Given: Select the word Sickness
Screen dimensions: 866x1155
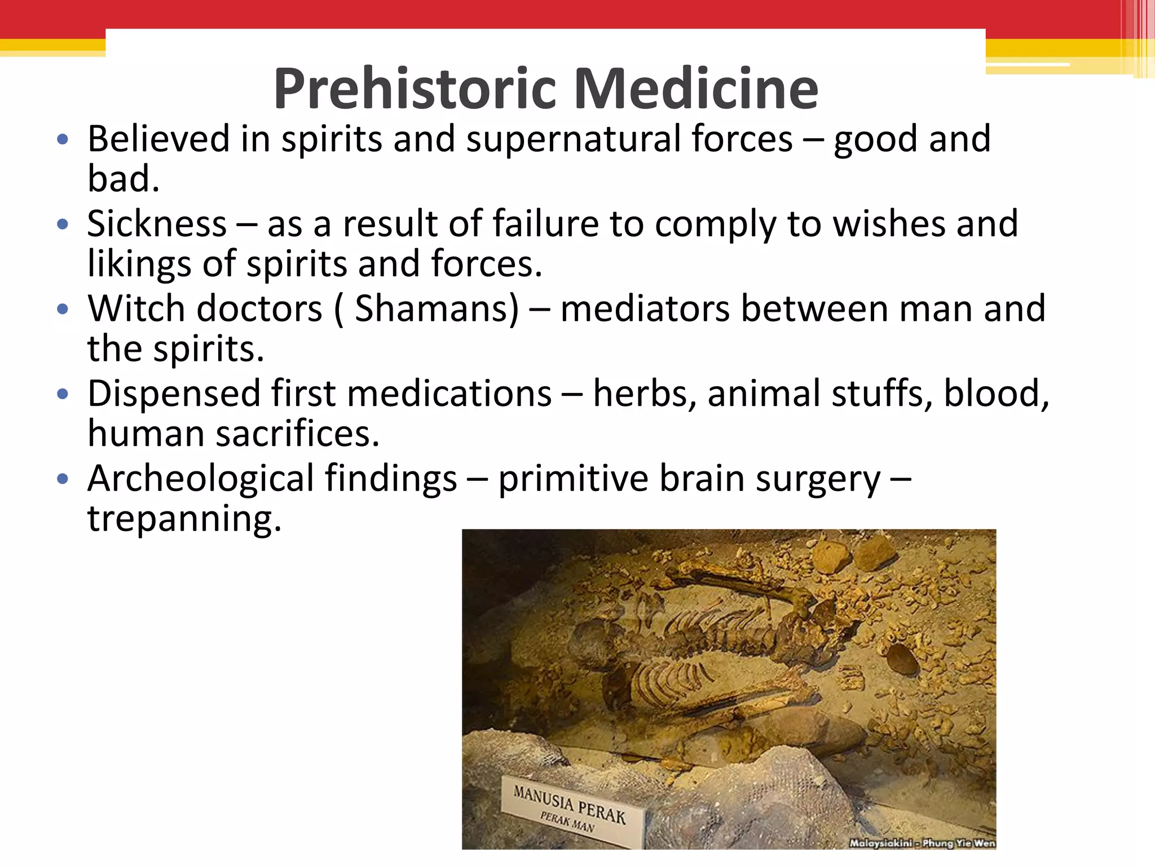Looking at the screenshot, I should tap(157, 224).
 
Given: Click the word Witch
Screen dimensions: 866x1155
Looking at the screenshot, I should tap(136, 309).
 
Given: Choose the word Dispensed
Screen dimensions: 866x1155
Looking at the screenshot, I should tap(174, 394).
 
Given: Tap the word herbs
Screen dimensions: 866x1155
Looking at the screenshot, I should tap(645, 394).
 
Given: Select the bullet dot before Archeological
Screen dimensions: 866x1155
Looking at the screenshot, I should tap(63, 479).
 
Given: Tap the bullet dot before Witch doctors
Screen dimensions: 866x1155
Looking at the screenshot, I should tap(63, 309).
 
